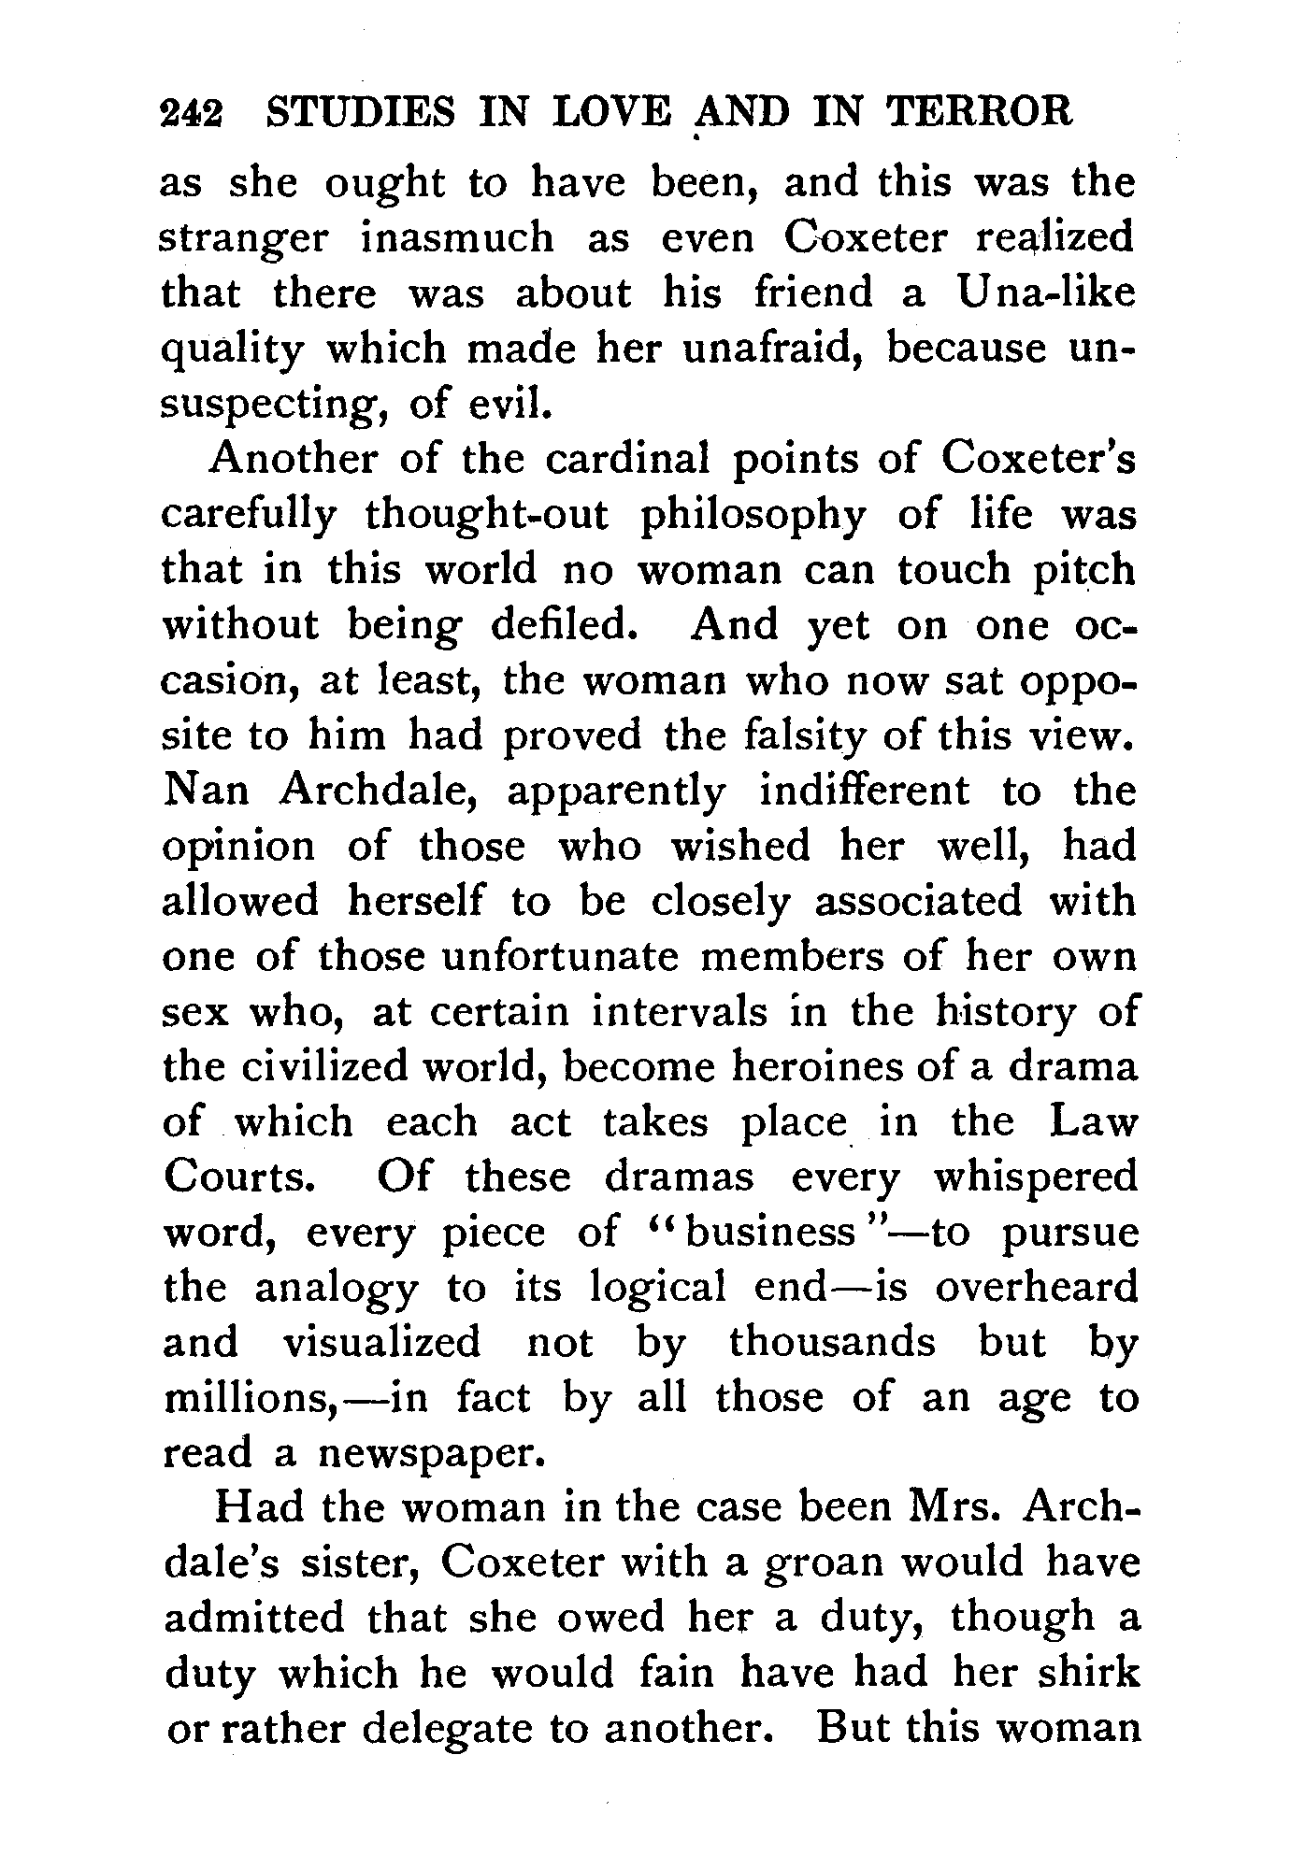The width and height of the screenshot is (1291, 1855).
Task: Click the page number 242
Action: pos(193,114)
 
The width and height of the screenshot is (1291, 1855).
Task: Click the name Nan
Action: pos(206,792)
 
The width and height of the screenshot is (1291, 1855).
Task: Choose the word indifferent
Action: pos(865,792)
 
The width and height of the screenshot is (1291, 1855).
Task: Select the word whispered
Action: pos(1035,1177)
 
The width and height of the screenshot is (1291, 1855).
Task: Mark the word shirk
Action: pos(1089,1673)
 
